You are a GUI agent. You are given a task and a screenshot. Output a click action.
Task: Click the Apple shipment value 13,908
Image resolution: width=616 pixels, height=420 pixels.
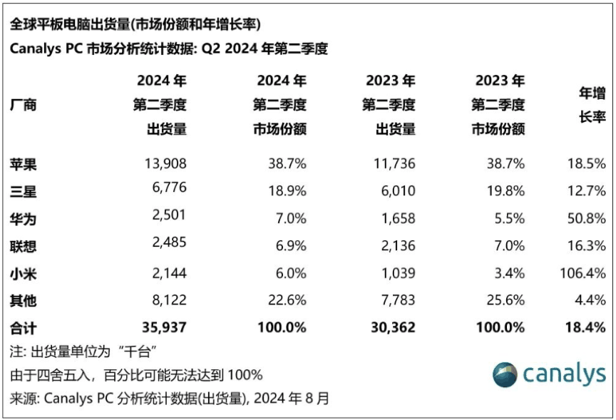(x=165, y=163)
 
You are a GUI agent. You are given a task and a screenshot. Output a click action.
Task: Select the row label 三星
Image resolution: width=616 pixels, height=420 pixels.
(x=24, y=191)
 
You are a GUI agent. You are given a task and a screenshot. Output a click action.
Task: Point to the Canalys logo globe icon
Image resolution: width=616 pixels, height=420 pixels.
(x=505, y=374)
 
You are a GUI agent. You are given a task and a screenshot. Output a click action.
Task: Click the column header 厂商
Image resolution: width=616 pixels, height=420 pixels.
(x=24, y=106)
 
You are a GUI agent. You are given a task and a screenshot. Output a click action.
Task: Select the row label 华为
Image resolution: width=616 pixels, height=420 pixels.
(x=24, y=218)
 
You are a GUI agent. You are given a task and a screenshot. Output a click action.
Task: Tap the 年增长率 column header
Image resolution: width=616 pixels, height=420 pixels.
(x=591, y=105)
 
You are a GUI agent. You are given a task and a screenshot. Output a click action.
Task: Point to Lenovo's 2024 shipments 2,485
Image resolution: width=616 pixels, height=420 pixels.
(x=168, y=246)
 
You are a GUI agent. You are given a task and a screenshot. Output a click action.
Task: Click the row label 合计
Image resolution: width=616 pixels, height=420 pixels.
(x=24, y=328)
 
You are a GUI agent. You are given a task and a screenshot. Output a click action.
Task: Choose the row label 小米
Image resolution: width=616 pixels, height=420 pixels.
(x=24, y=273)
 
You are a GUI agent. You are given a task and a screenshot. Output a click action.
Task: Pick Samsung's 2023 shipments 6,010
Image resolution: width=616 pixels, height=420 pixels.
(x=394, y=191)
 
